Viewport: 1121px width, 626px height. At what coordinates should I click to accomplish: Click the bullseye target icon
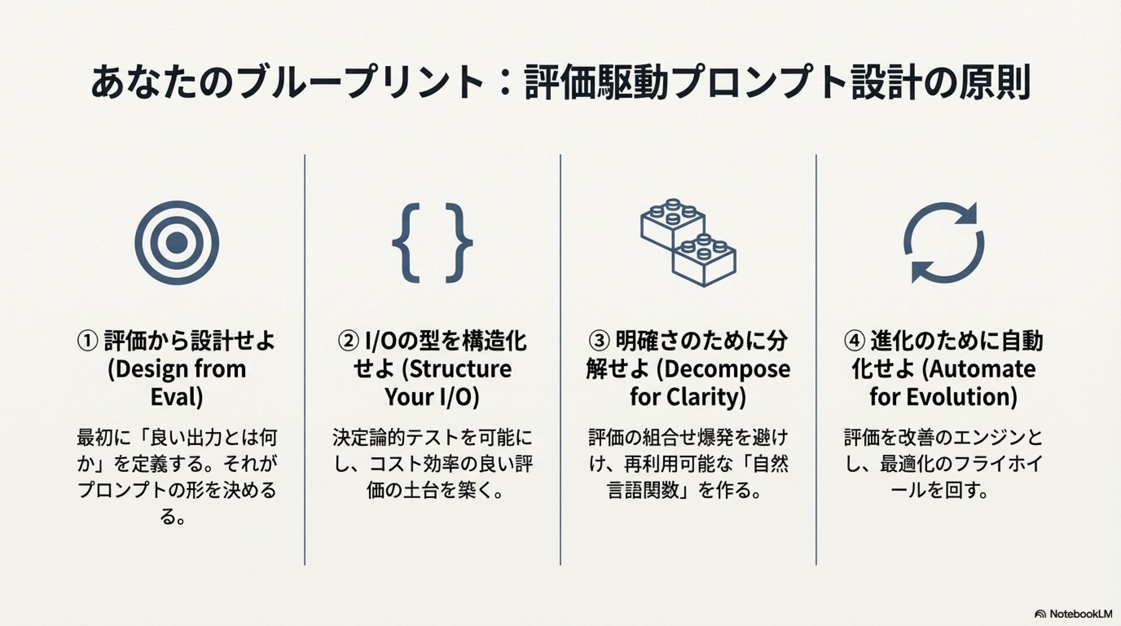click(x=176, y=243)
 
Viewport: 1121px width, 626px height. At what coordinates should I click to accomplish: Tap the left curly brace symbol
click(x=406, y=243)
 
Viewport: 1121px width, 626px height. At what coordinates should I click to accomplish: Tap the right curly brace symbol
click(x=459, y=243)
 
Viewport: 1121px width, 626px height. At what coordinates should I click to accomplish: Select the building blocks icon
click(x=688, y=243)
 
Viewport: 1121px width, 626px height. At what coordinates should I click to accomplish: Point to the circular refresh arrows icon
click(x=944, y=243)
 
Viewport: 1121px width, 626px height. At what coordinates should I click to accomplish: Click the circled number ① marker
click(x=88, y=341)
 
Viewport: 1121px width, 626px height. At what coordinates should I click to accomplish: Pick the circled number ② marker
click(x=348, y=341)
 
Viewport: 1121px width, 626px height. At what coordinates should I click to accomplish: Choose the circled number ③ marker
click(x=599, y=341)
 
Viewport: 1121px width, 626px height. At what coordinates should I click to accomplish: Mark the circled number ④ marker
click(x=854, y=341)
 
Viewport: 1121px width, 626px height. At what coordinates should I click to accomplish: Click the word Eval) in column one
click(x=176, y=397)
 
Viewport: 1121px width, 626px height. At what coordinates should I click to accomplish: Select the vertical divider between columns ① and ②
click(x=305, y=359)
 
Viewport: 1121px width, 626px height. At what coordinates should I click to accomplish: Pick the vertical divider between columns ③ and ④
click(x=816, y=359)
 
